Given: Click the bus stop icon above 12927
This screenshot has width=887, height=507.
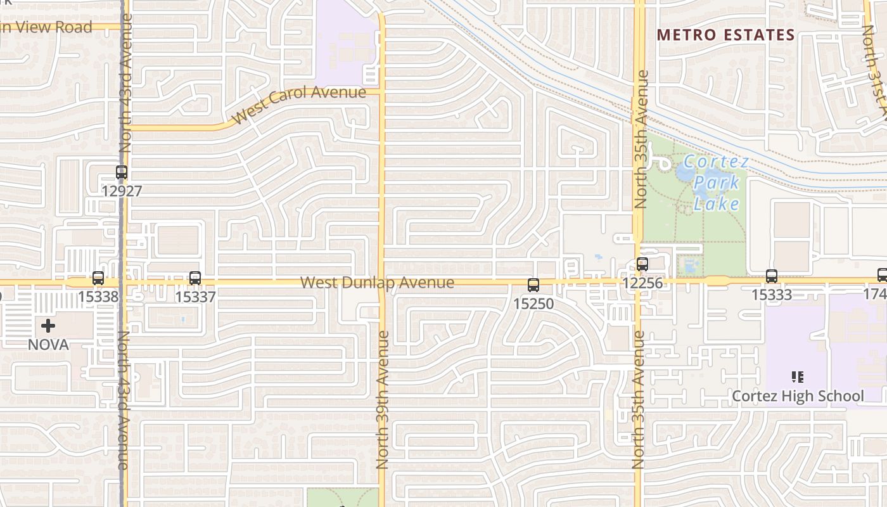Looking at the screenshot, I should coord(121,172).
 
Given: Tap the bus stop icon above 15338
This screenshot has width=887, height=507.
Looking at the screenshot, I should coord(98,278).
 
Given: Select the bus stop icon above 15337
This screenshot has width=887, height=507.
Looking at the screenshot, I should coord(195,278).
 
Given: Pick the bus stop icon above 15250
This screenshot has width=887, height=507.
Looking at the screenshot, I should coord(533,285).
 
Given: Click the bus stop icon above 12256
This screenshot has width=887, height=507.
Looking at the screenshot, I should coord(642,264).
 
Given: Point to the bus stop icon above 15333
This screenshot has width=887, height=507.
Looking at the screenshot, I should coord(771,276).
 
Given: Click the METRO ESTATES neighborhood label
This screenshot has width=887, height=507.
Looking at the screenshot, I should coord(725,35).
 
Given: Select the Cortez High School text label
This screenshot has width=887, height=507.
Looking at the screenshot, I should coord(798,397).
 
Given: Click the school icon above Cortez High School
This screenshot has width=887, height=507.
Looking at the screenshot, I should coord(798,378).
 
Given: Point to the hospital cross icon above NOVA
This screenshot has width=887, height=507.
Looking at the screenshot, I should coord(48,326).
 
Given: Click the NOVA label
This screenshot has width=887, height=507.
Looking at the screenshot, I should coord(48,345).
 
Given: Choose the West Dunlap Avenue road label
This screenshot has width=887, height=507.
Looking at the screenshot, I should coord(377,283).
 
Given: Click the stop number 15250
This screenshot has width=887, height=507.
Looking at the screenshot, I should coord(533,304).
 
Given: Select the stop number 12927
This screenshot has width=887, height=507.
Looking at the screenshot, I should coord(121,191).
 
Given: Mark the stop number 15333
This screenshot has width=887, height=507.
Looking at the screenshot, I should coord(771,295).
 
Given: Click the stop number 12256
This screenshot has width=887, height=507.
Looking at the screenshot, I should coord(642,283).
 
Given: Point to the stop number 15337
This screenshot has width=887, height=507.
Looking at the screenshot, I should coord(195,297).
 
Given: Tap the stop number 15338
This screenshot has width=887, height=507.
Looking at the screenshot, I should coord(98,297).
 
